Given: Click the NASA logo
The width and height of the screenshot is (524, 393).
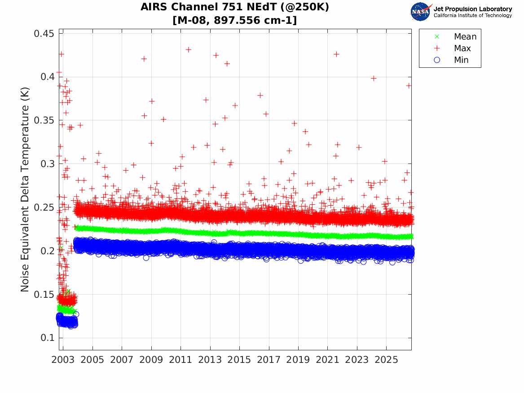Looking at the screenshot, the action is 421,12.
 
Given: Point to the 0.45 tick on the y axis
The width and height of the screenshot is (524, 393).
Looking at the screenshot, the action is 44,33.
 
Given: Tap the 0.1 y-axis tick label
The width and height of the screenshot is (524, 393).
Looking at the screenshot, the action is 47,337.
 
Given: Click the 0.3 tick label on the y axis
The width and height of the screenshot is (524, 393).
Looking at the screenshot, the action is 47,164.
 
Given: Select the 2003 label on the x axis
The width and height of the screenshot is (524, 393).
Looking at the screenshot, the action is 63,360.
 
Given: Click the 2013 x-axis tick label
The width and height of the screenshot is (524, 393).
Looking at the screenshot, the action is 210,360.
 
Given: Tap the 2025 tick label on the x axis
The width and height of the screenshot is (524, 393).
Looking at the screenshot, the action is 386,360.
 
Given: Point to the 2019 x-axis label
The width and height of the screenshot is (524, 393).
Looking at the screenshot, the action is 298,360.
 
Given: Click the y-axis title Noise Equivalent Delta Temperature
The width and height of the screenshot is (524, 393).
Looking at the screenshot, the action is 25,190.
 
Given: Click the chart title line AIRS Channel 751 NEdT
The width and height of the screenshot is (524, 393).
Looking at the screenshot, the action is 234,7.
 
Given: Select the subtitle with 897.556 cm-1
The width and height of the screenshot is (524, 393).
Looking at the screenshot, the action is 234,20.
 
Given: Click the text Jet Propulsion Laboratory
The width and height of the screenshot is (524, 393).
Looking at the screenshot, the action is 473,9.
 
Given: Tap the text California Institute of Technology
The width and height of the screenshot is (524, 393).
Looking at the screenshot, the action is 473,15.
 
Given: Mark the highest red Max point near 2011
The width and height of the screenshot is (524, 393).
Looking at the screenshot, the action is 189,50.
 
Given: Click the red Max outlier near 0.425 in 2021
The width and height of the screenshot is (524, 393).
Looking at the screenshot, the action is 336,54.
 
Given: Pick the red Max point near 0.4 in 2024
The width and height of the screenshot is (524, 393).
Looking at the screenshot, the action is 374,79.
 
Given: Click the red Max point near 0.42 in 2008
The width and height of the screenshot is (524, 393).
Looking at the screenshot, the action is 144,59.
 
